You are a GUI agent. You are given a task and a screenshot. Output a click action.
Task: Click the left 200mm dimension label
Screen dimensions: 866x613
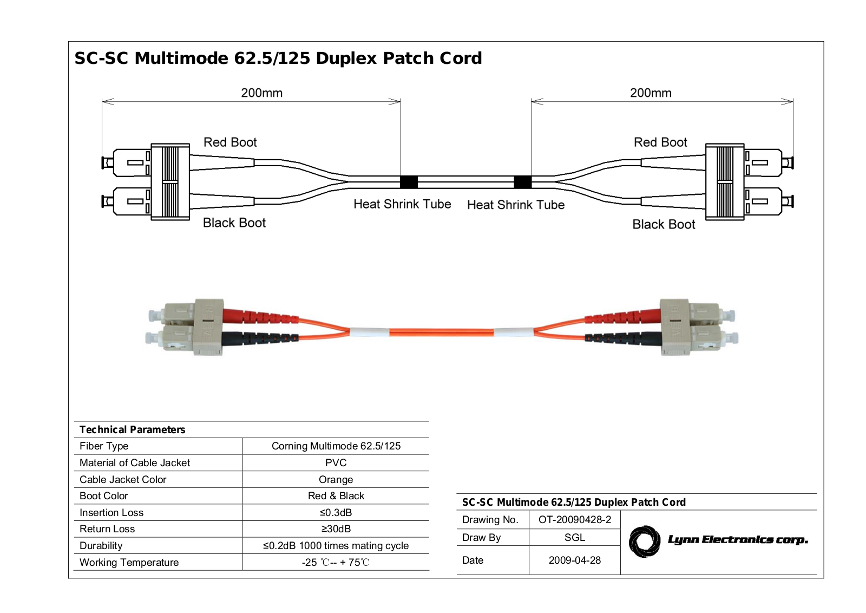[x=262, y=93]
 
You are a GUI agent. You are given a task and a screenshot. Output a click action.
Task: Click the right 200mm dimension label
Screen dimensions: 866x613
[x=651, y=93]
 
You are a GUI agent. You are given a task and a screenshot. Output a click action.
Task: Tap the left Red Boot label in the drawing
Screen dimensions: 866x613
[x=230, y=142]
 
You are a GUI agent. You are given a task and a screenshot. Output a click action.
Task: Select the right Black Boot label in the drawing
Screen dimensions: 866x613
[x=664, y=224]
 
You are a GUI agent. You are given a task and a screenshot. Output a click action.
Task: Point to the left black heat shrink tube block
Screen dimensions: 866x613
[x=409, y=182]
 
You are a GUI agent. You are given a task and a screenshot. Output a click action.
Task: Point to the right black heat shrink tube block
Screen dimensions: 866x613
[x=523, y=182]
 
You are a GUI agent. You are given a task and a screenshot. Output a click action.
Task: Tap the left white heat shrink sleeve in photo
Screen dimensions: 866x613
[x=369, y=332]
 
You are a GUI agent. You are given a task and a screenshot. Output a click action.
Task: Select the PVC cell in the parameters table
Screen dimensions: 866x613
[x=336, y=462]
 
